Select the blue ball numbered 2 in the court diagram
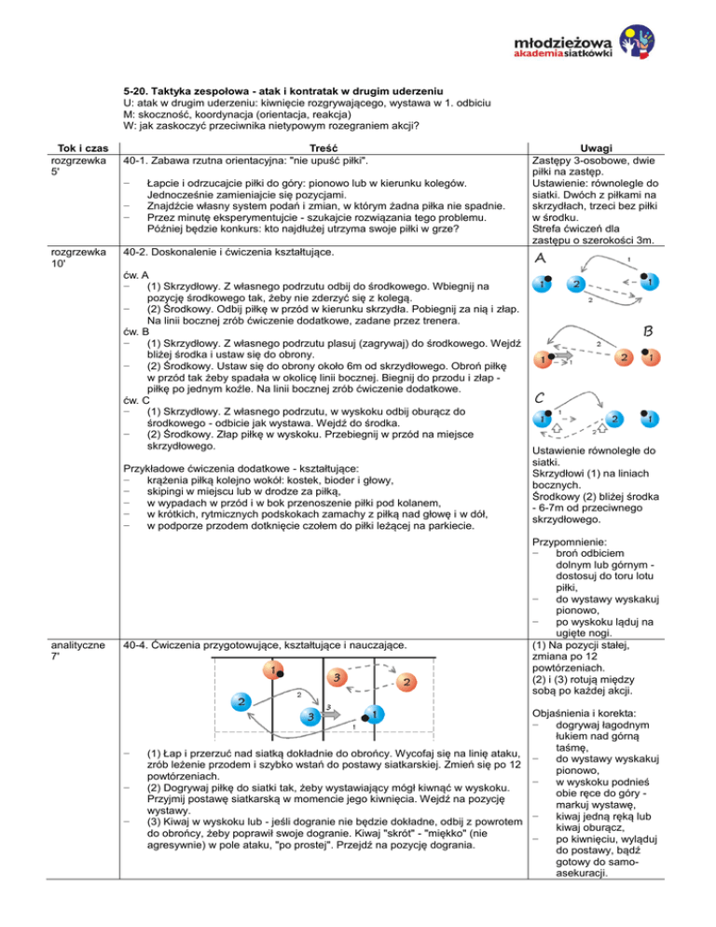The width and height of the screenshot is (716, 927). point(241,700)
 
